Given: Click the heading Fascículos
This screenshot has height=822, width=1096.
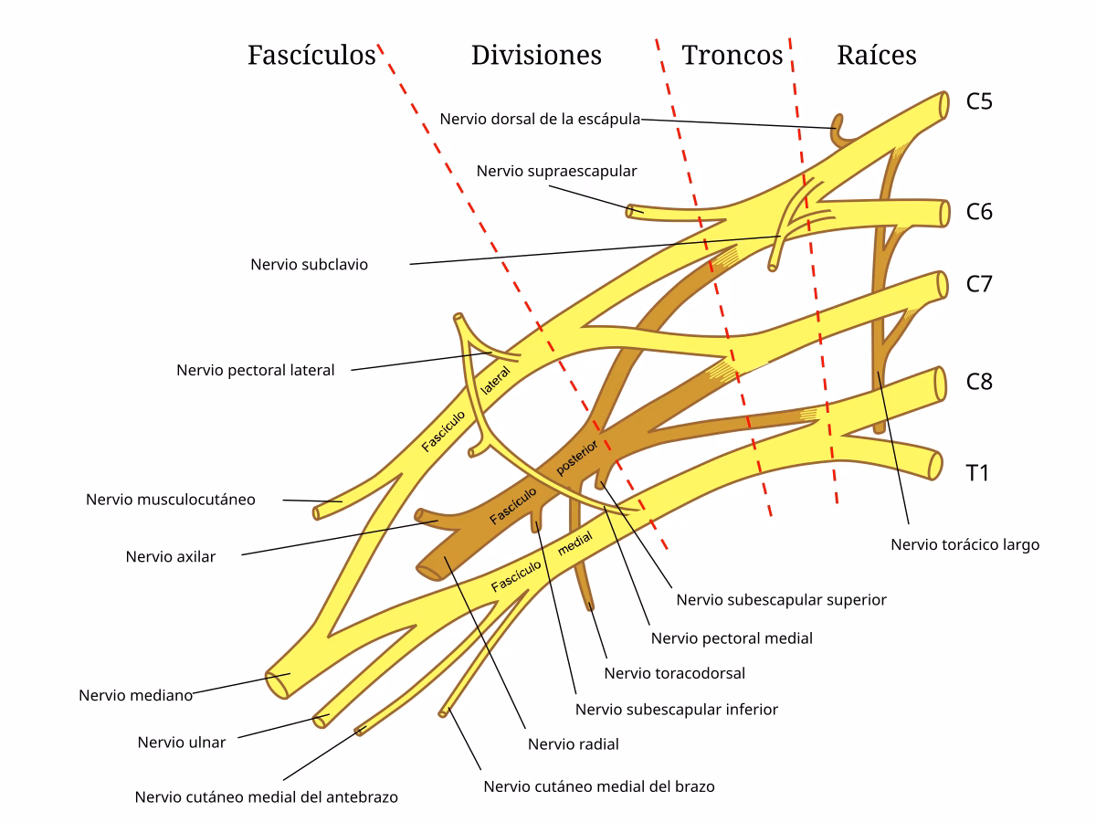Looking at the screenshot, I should pyautogui.click(x=311, y=56).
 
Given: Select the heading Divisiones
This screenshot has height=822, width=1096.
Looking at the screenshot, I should pyautogui.click(x=536, y=56).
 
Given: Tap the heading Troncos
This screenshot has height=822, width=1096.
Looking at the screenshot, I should pyautogui.click(x=732, y=56).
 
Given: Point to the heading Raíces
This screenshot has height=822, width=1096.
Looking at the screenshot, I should pyautogui.click(x=877, y=56).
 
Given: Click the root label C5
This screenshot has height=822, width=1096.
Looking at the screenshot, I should pyautogui.click(x=979, y=101).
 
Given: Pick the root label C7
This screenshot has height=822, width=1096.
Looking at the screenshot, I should pyautogui.click(x=979, y=284).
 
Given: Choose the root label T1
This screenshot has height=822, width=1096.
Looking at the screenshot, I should pyautogui.click(x=978, y=473).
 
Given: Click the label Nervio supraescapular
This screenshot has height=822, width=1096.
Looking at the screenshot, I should pyautogui.click(x=556, y=171).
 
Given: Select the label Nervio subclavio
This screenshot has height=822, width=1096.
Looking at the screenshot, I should pyautogui.click(x=309, y=265).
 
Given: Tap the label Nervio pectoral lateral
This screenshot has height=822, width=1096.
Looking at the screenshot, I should pyautogui.click(x=256, y=371).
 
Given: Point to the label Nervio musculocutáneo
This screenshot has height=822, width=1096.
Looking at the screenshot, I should pyautogui.click(x=171, y=500).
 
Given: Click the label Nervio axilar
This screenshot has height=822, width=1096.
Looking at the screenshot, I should pyautogui.click(x=171, y=556).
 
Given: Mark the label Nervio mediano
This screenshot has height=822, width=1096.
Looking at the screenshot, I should pyautogui.click(x=135, y=695).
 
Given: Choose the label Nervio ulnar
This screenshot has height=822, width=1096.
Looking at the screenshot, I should pyautogui.click(x=182, y=742).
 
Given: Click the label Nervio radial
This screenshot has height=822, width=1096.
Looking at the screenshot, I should pyautogui.click(x=574, y=744).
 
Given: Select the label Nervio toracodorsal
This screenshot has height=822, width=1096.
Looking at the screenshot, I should pyautogui.click(x=675, y=674).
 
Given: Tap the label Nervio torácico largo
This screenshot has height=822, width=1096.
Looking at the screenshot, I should pyautogui.click(x=965, y=545).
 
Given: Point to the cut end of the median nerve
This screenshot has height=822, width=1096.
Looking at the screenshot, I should pyautogui.click(x=277, y=685).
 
